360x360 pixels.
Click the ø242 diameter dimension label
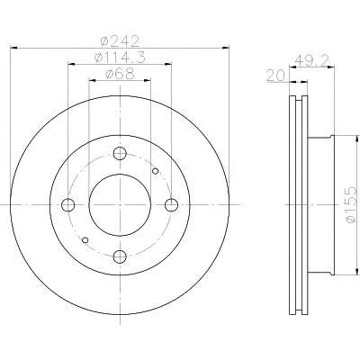(x=120, y=41)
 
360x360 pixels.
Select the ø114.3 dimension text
(x=120, y=58)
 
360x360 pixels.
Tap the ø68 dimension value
(x=120, y=74)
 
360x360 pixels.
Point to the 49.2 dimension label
(x=312, y=60)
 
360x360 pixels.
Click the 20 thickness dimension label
(x=275, y=76)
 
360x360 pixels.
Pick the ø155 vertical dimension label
(x=351, y=205)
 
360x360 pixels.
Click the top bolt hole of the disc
(x=120, y=153)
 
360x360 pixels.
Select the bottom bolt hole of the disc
(x=120, y=256)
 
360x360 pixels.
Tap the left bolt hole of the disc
(x=68, y=205)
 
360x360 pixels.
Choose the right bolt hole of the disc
(x=172, y=205)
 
